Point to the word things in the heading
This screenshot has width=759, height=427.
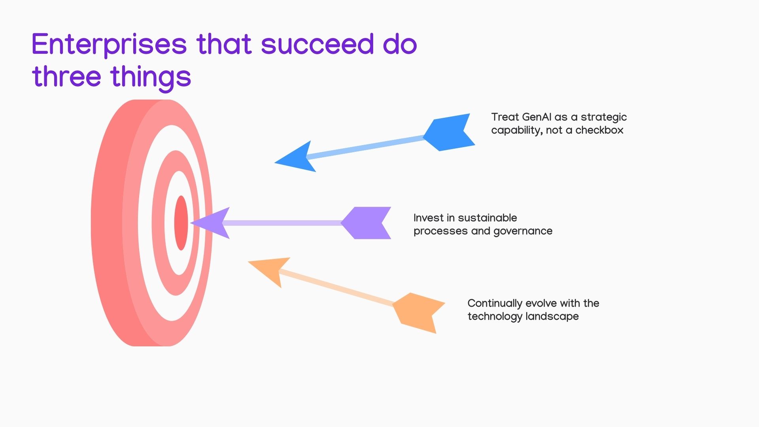pos(151,78)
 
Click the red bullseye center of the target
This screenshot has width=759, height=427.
pos(181,223)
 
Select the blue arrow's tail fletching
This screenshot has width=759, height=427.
pos(449,132)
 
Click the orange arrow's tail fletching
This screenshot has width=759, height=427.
pos(419,313)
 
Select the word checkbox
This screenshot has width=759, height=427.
pos(599,130)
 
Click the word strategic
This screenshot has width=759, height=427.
pos(604,118)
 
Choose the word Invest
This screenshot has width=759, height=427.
pos(429,218)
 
